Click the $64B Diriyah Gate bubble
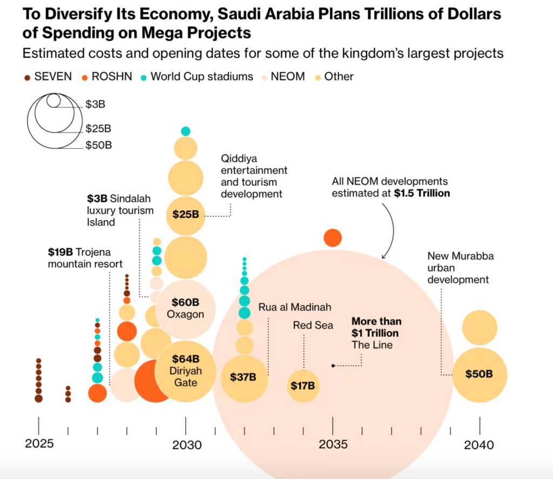[x=185, y=371]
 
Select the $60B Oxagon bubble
[x=185, y=309]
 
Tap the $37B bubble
[x=244, y=378]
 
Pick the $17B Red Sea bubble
[x=303, y=386]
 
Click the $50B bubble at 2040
[x=480, y=374]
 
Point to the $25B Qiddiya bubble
[x=185, y=214]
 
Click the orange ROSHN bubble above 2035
[x=333, y=237]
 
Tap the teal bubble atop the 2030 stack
[x=185, y=131]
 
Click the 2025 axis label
[x=39, y=444]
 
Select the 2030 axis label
[x=186, y=445]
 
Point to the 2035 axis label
[x=333, y=445]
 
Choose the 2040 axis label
[x=479, y=445]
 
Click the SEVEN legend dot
[x=28, y=77]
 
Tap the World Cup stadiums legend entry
[x=201, y=77]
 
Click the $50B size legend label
[x=98, y=145]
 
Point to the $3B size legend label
[x=95, y=103]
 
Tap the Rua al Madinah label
[x=294, y=307]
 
